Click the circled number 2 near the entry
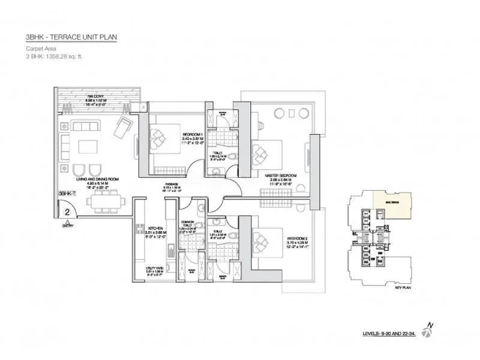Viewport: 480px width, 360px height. pos(68,211)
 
